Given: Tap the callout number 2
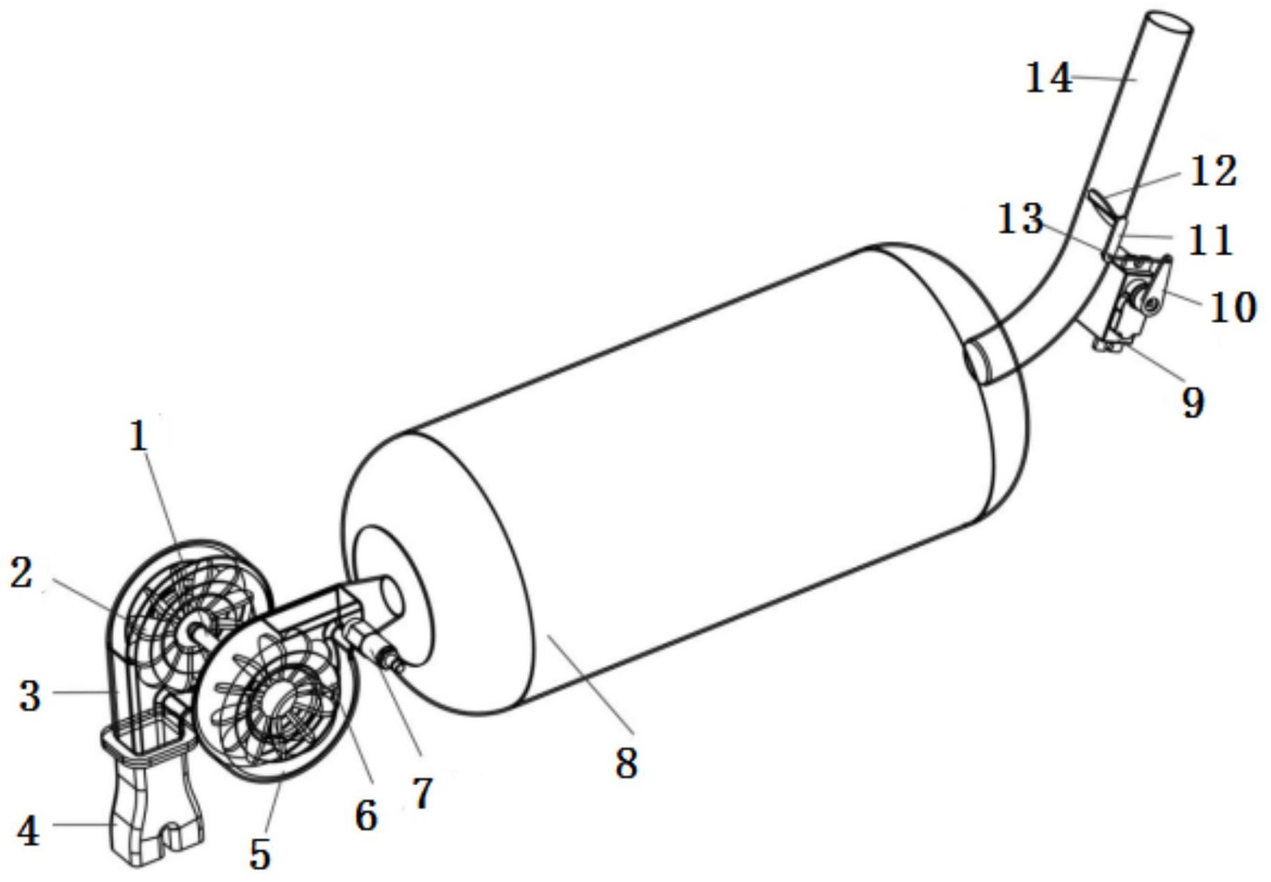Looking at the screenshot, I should [x=22, y=574].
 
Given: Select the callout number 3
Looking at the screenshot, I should [x=28, y=695].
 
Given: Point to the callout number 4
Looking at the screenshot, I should [x=27, y=830].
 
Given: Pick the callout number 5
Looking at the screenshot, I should [x=260, y=854].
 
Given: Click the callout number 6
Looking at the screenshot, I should [x=365, y=814].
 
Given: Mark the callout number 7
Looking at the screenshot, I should [x=422, y=792].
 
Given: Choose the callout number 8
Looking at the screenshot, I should [x=626, y=763].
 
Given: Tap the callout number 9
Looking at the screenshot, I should [x=1193, y=402].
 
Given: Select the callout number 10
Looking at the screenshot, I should [x=1233, y=306].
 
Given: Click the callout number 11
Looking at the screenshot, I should [x=1210, y=240].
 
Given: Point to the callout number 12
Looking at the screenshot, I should [x=1213, y=171].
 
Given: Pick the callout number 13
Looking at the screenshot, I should [x=1020, y=219].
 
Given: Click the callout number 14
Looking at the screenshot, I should [x=1049, y=78].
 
